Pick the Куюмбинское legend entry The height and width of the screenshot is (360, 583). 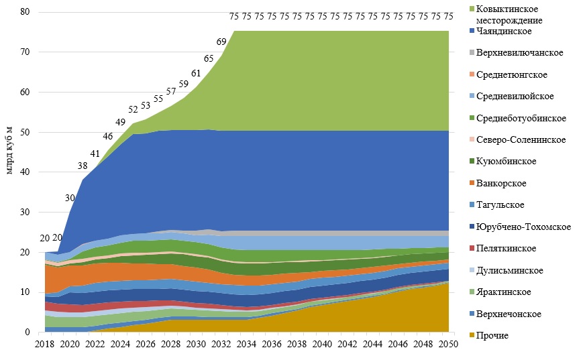(x=512, y=162)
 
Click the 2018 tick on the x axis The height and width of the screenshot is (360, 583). (x=44, y=345)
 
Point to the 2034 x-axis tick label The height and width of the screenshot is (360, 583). (x=246, y=345)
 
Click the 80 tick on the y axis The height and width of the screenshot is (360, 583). (x=25, y=12)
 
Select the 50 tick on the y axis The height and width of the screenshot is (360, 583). (x=25, y=132)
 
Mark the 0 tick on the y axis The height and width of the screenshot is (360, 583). (x=28, y=332)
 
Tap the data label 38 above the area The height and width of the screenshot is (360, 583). (x=83, y=166)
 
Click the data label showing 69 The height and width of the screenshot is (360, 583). (x=221, y=42)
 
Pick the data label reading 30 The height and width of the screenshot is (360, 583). (x=70, y=198)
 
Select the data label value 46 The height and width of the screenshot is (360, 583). (x=107, y=137)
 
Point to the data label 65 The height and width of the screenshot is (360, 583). (x=208, y=59)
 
